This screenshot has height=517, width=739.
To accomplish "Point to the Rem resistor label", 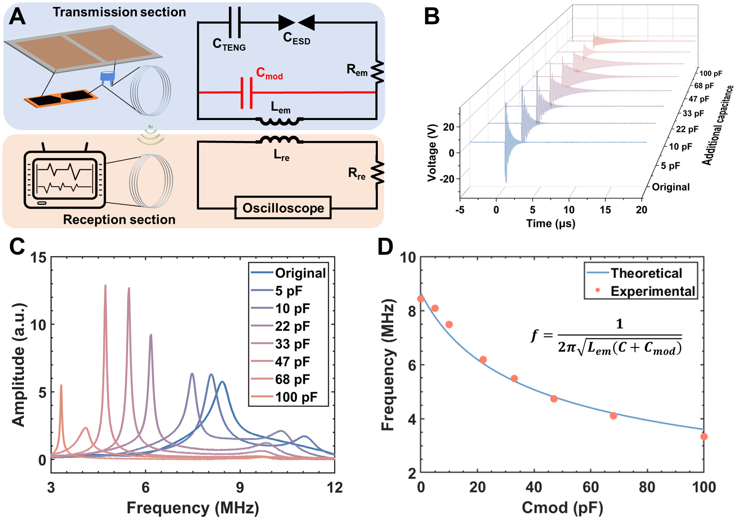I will click(x=357, y=69).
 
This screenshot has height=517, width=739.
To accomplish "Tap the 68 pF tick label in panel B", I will click(x=704, y=86).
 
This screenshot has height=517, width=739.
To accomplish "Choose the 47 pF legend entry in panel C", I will click(x=292, y=362).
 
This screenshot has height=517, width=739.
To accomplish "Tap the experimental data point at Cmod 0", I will click(x=421, y=299).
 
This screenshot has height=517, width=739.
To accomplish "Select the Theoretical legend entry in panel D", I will click(x=646, y=273).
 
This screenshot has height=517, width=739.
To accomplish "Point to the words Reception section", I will click(x=119, y=220).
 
